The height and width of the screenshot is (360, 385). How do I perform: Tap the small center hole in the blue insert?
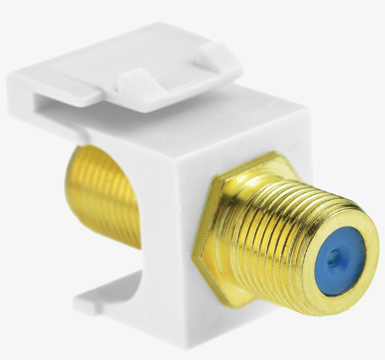pos(332,257)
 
